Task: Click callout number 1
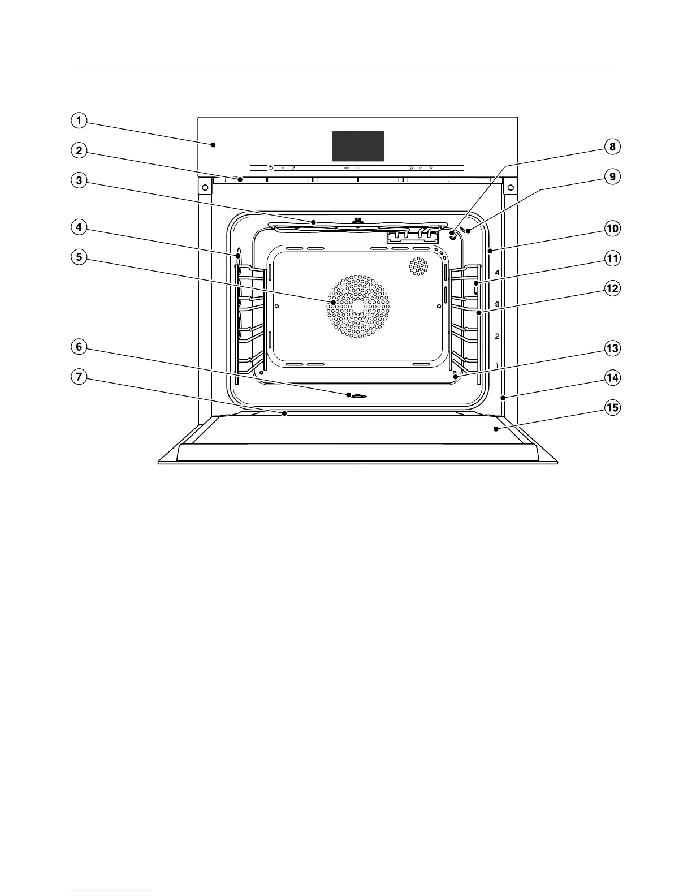coord(79,120)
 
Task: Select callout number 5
coord(79,257)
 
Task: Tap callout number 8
coord(612,147)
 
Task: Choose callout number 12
coord(612,288)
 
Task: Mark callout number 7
coord(79,377)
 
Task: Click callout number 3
coord(79,180)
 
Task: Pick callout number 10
coord(612,229)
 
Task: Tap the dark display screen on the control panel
coord(358,147)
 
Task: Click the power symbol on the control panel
coord(270,168)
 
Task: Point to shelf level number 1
coord(497,365)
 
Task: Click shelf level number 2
coord(497,337)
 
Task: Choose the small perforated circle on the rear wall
coord(418,266)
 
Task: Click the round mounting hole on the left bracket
coord(205,187)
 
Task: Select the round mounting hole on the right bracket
coord(511,187)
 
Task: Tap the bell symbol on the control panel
coord(421,168)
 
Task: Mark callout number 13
coord(612,348)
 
